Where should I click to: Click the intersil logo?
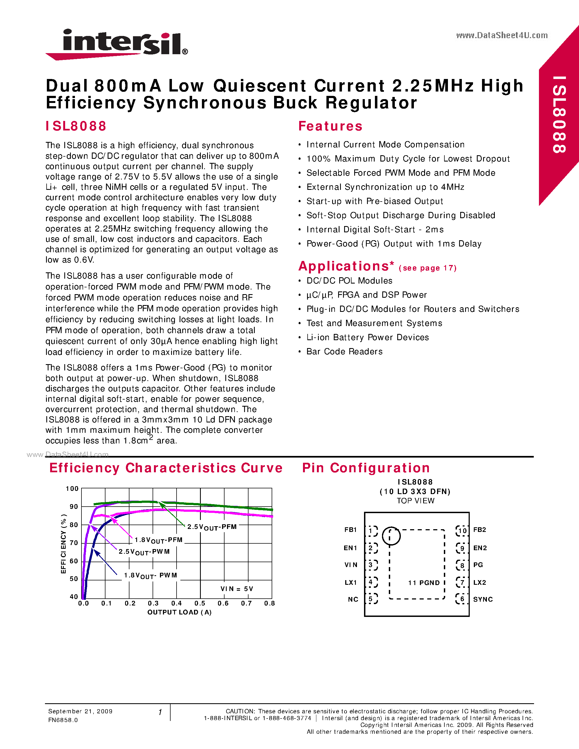point(117,44)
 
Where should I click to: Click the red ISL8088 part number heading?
point(76,126)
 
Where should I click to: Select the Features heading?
point(330,126)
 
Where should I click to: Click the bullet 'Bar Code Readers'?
point(344,352)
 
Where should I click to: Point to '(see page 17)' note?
point(428,268)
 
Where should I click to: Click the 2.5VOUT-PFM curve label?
point(212,527)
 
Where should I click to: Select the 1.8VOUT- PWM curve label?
point(150,576)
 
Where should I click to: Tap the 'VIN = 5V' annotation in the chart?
point(237,589)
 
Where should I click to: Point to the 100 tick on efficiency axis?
point(72,488)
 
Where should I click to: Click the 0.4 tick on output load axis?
point(176,603)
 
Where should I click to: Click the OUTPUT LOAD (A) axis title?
point(179,612)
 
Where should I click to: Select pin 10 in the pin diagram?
point(462,531)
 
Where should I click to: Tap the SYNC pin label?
point(483,599)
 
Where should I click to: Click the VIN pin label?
point(351,565)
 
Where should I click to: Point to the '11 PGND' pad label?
point(424,583)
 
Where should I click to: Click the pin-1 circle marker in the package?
point(391,536)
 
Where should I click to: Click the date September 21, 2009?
point(80,711)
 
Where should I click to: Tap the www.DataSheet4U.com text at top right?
point(501,35)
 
